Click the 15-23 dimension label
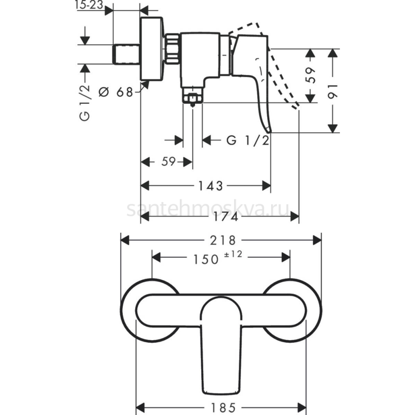(x=89, y=5)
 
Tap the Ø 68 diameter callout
(x=116, y=93)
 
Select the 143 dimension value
(x=210, y=186)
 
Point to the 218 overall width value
(x=223, y=240)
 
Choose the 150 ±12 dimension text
(x=218, y=258)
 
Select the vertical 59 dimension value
(x=310, y=75)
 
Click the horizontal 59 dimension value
(x=169, y=162)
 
